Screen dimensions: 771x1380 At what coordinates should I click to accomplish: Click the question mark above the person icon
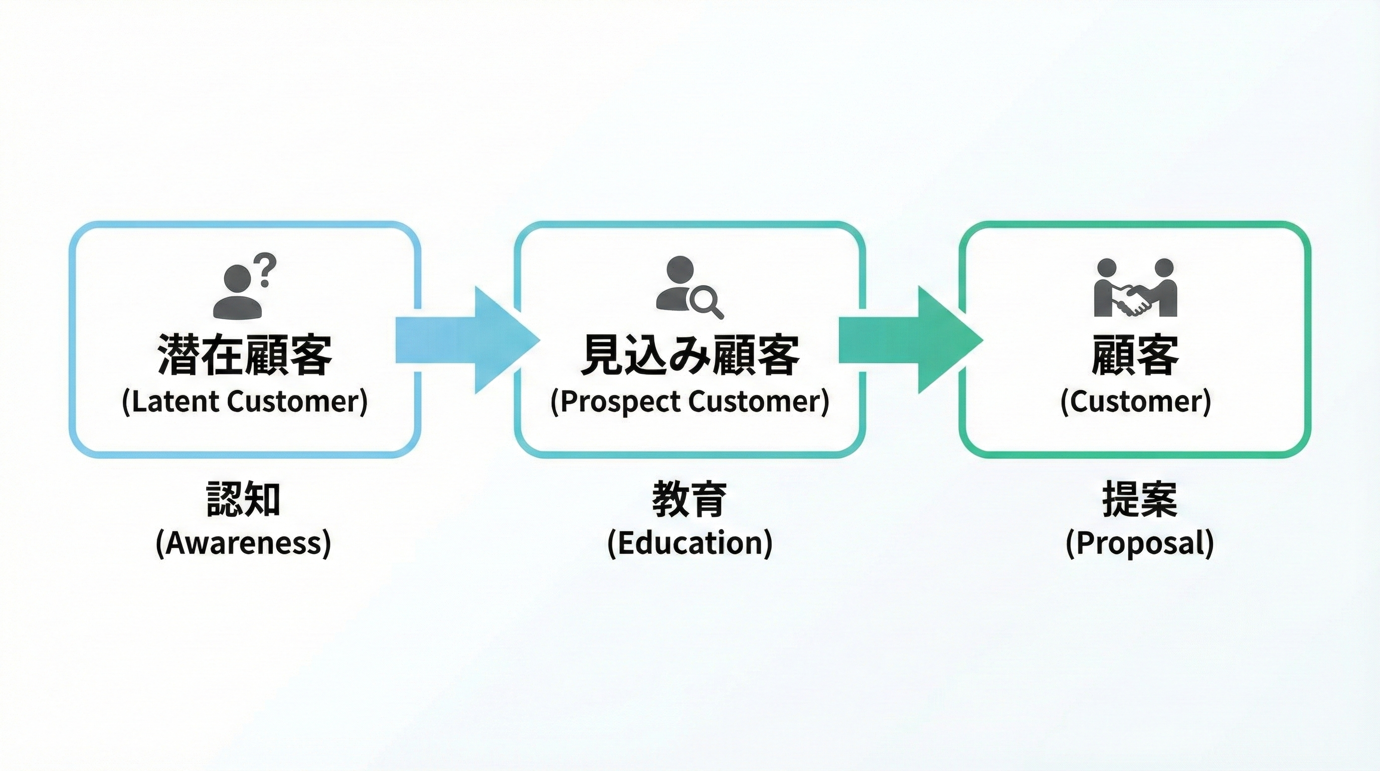[x=266, y=270]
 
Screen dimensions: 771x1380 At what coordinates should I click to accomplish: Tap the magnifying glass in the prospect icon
[x=705, y=302]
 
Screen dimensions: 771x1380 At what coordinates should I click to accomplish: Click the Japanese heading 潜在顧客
[x=245, y=355]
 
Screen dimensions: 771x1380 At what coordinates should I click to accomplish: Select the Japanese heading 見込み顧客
[x=690, y=355]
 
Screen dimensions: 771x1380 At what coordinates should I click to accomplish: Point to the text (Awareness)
[x=243, y=543]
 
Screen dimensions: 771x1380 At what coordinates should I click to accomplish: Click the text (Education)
[x=689, y=543]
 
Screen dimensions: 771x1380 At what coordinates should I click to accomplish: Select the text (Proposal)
[x=1139, y=543]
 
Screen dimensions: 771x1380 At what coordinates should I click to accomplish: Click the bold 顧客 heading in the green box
[x=1135, y=355]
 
